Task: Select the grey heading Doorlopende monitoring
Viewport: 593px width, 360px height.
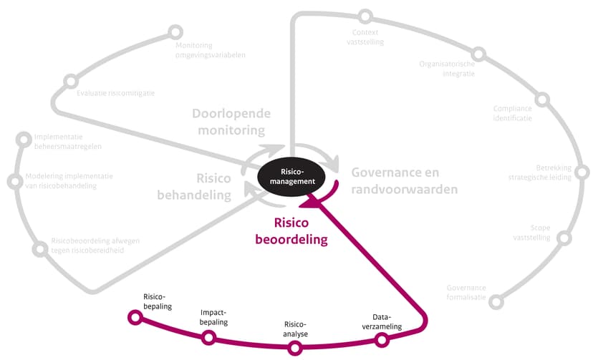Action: pos(228,122)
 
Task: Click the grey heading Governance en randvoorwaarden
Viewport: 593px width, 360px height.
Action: pos(405,180)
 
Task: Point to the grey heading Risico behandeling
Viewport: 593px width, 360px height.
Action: pos(213,186)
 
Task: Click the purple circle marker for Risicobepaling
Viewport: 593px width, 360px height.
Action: pos(133,317)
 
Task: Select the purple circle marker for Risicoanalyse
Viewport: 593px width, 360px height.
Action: pos(295,349)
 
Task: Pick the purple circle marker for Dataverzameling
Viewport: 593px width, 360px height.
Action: pos(382,340)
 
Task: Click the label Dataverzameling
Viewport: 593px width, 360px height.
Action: pos(387,321)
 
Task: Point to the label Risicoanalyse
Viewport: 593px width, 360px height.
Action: pos(295,329)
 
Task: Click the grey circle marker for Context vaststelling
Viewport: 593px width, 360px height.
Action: pos(366,16)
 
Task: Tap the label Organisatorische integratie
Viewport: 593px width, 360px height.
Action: pos(447,69)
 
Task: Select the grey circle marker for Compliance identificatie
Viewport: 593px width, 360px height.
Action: pos(542,99)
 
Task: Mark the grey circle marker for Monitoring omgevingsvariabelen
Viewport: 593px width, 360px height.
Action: pos(175,32)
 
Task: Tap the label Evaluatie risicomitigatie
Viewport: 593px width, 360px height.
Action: pos(115,92)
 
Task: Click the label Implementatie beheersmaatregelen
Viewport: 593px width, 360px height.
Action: pos(68,142)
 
